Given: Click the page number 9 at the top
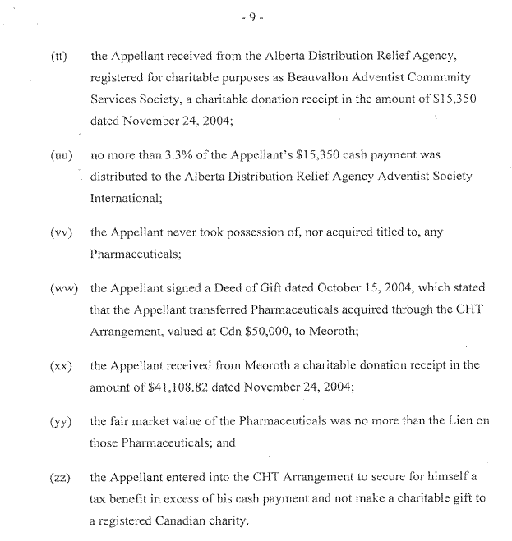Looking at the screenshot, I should pos(256,16).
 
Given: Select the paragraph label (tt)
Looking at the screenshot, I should pos(58,57).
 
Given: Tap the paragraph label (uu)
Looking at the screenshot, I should pos(59,154).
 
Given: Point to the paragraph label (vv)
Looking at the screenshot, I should pos(59,232).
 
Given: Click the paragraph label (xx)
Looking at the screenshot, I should pos(59,365).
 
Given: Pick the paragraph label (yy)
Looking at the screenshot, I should pos(59,422).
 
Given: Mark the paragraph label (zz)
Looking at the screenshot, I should pos(59,478).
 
